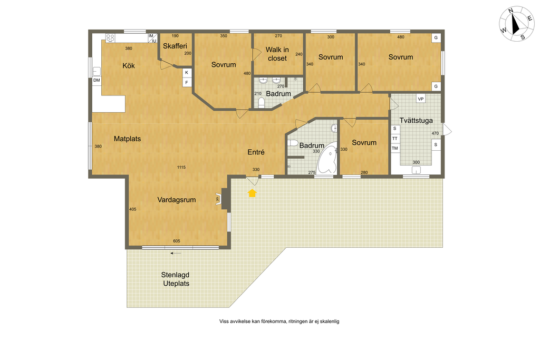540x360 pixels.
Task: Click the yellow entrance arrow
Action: click(253, 193)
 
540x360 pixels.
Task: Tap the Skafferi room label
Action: click(175, 46)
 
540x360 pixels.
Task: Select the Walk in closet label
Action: click(277, 54)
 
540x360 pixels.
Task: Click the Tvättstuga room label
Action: click(416, 121)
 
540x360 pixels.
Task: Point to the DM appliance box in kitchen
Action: click(97, 81)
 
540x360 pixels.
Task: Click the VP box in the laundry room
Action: click(420, 99)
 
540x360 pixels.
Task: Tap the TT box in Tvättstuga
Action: click(395, 138)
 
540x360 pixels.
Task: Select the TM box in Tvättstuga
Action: click(395, 148)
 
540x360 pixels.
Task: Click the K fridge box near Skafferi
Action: click(187, 73)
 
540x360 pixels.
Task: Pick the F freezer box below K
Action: click(187, 83)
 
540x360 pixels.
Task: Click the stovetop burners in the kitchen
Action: click(110, 38)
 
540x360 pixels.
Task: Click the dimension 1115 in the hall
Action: click(181, 167)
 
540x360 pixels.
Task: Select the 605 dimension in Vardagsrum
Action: click(177, 241)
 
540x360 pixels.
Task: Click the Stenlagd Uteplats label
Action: click(176, 279)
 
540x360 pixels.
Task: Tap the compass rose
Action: click(517, 24)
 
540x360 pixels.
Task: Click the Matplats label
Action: click(128, 139)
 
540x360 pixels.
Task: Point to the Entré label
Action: click(256, 152)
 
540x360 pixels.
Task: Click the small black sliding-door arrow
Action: click(176, 254)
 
